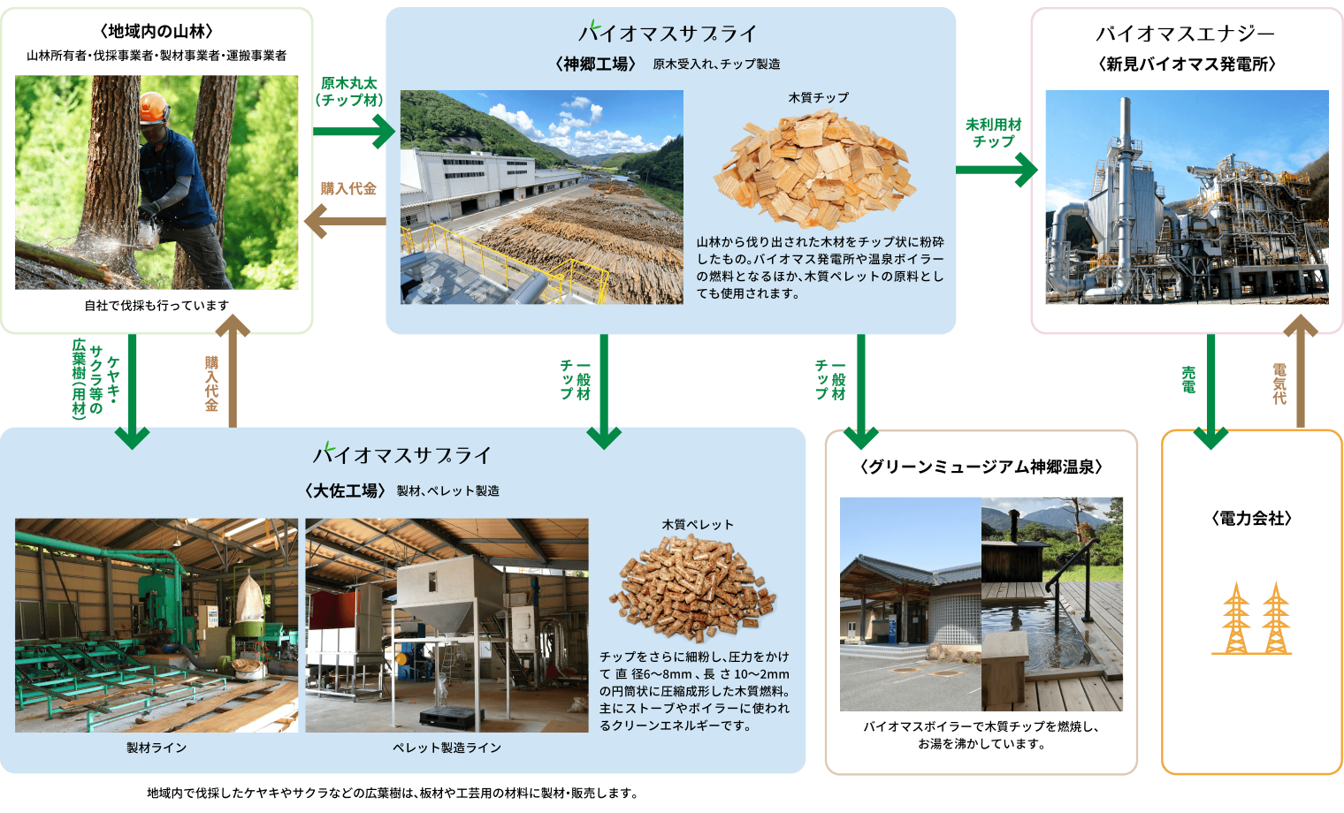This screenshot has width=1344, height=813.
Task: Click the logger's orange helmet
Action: coord(154,108)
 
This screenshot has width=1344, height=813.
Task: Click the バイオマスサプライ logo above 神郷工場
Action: coord(668,33)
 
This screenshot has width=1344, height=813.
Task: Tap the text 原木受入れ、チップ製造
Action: coord(716,64)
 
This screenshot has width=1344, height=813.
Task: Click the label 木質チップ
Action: coord(818,97)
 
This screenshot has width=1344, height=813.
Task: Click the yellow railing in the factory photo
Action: coord(495,257)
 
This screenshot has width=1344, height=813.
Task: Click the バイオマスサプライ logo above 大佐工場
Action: coord(401,454)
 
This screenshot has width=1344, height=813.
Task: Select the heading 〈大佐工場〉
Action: coord(345,490)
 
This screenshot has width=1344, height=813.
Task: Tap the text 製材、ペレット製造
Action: coord(448,490)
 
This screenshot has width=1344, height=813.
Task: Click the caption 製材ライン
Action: coord(157,748)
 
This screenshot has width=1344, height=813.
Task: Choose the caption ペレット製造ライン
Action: coord(447,748)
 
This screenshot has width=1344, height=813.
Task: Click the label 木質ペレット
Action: coord(698,524)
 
